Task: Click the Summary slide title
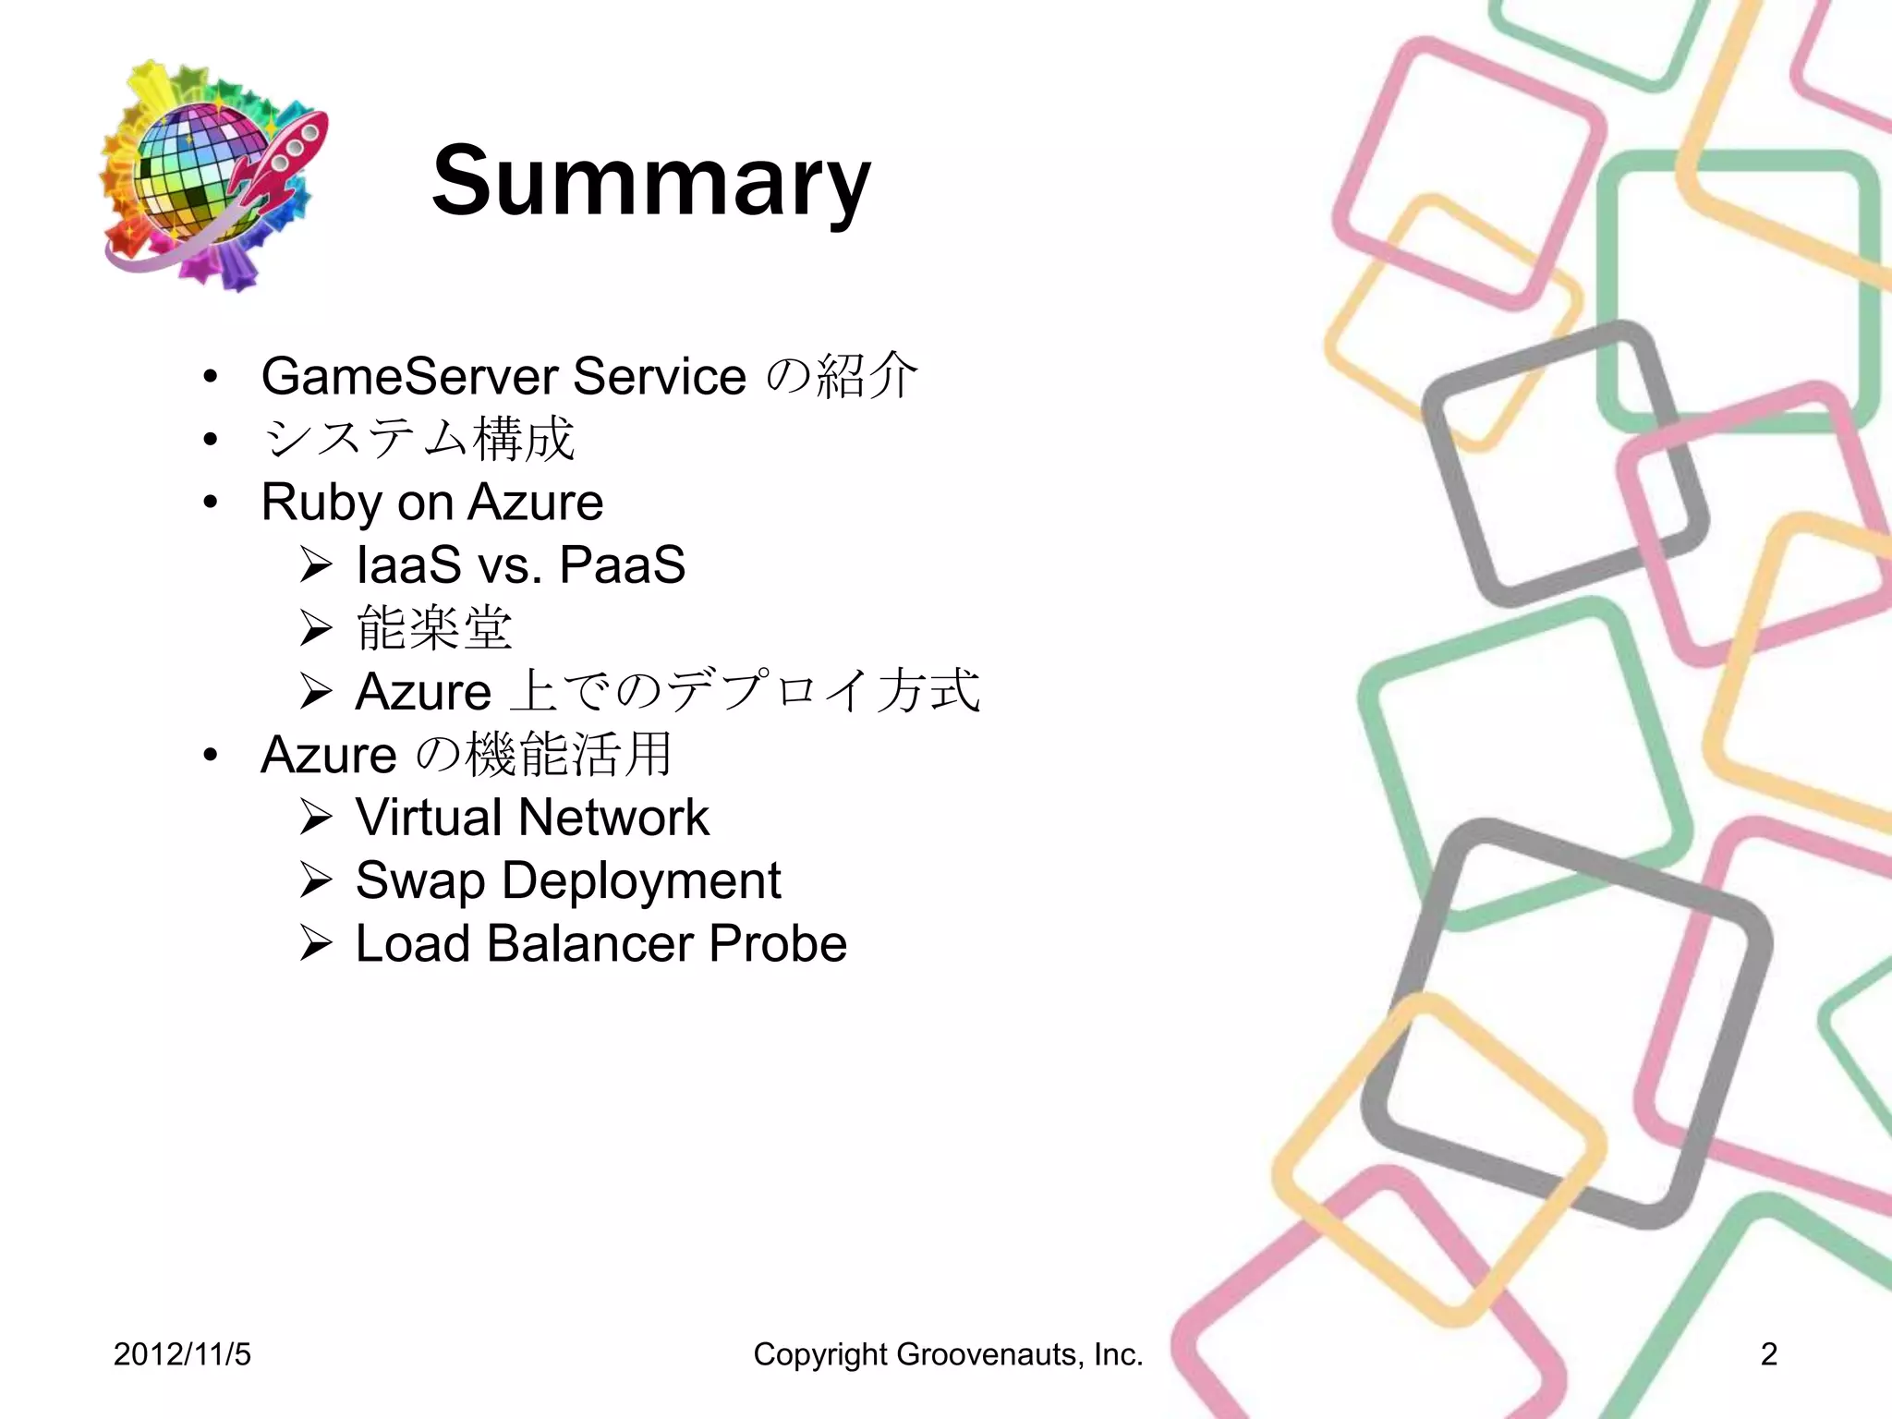click(650, 181)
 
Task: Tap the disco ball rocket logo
click(212, 176)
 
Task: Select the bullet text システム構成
click(418, 440)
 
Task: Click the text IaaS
click(408, 565)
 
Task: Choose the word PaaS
click(622, 565)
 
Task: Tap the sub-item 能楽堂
click(433, 629)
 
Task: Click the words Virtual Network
click(532, 818)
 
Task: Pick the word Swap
click(420, 880)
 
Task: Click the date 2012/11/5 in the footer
click(182, 1354)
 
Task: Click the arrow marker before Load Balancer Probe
click(315, 944)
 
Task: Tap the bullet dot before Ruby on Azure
click(212, 503)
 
